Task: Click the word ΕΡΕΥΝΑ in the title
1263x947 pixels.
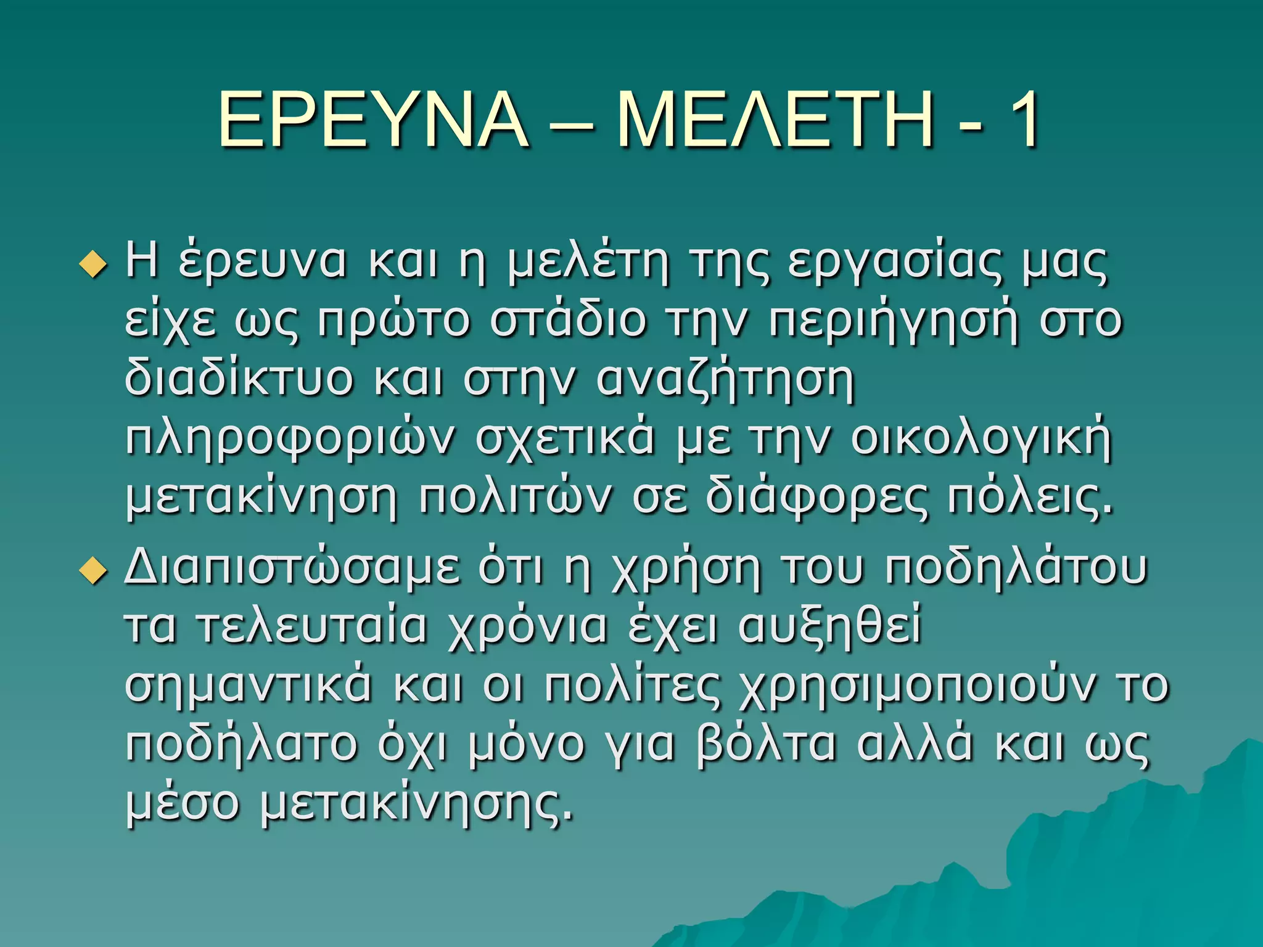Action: tap(374, 120)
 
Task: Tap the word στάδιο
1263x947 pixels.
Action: tap(567, 321)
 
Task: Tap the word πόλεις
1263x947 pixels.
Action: tap(1029, 498)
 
